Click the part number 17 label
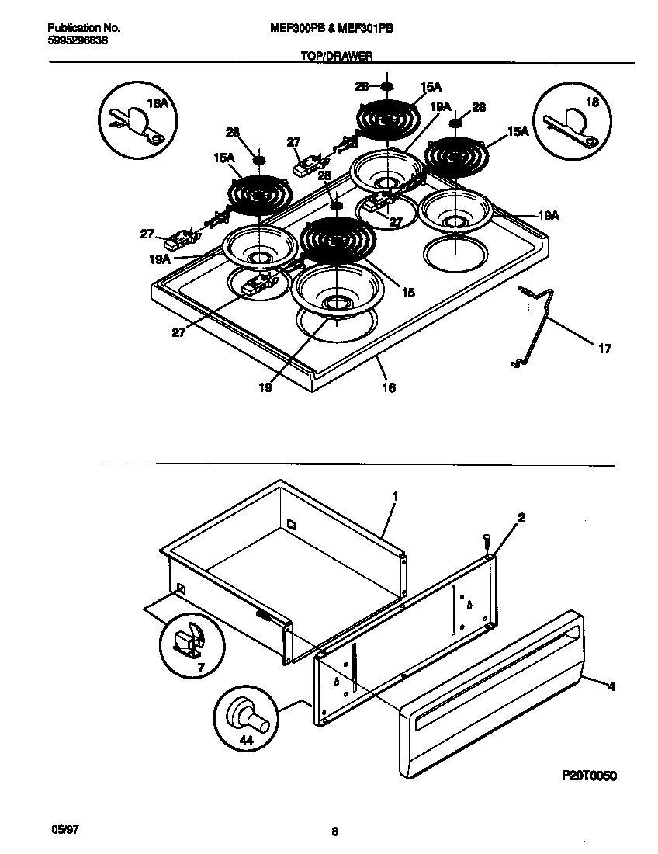(x=604, y=349)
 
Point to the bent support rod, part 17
(x=541, y=318)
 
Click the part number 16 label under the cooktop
(x=389, y=387)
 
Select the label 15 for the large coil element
(x=408, y=293)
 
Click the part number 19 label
(x=265, y=387)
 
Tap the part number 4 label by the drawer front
(x=611, y=686)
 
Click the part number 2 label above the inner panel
(x=521, y=518)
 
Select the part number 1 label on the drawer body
(x=394, y=495)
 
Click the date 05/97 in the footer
(x=65, y=830)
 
